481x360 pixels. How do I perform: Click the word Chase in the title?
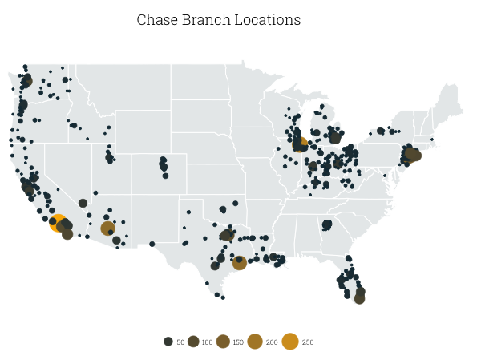point(156,20)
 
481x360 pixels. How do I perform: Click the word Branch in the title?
point(204,20)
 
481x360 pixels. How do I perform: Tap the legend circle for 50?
point(168,342)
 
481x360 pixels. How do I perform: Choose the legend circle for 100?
point(193,342)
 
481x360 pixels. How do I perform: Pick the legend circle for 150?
point(223,342)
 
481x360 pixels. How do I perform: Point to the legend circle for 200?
point(255,342)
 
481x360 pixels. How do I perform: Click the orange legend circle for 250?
point(290,342)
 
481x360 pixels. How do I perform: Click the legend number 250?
point(308,342)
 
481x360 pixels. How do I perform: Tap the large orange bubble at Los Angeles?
point(59,223)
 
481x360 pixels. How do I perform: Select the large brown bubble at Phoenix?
point(108,229)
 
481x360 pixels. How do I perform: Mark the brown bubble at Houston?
point(239,263)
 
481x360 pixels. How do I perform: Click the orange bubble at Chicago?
point(300,145)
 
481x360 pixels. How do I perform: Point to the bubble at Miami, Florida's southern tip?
point(359,298)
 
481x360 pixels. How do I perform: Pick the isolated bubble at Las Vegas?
point(83,203)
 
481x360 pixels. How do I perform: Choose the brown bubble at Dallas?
point(227,236)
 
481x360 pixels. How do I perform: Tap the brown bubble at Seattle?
point(27,80)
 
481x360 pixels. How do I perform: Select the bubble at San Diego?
point(67,234)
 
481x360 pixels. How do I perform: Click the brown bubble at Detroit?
point(335,138)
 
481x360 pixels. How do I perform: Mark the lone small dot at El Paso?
point(152,244)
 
